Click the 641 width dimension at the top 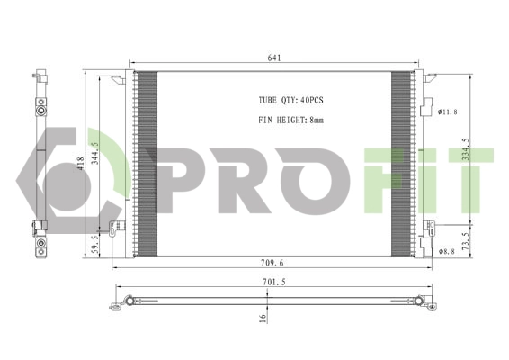tap(274, 58)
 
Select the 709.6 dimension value tap(275, 263)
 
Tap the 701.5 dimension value tap(275, 282)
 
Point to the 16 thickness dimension tap(263, 317)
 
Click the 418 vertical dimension tap(81, 163)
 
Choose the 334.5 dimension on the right tap(466, 154)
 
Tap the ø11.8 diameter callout tap(448, 112)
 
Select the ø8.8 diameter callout tap(448, 251)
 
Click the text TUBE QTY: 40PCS tap(281, 101)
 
